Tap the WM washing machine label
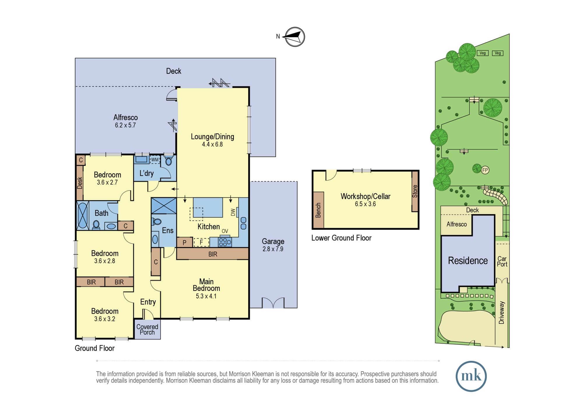pyautogui.click(x=155, y=160)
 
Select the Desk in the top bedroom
pyautogui.click(x=80, y=183)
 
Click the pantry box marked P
pyautogui.click(x=185, y=242)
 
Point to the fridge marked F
pyautogui.click(x=201, y=242)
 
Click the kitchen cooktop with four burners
pyautogui.click(x=225, y=242)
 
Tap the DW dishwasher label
pyautogui.click(x=233, y=212)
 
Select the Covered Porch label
pyautogui.click(x=147, y=330)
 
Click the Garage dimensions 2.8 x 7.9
pyautogui.click(x=273, y=249)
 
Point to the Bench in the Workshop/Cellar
pyautogui.click(x=318, y=210)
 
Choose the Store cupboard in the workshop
pyautogui.click(x=415, y=191)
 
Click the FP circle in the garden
pyautogui.click(x=485, y=170)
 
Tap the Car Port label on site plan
pyautogui.click(x=502, y=261)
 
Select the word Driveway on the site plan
pyautogui.click(x=501, y=313)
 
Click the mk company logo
pyautogui.click(x=471, y=376)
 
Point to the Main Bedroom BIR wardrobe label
pyautogui.click(x=213, y=254)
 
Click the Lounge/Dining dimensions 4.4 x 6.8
pyautogui.click(x=213, y=144)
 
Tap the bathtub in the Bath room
pyautogui.click(x=83, y=216)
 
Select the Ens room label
pyautogui.click(x=168, y=230)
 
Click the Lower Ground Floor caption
pyautogui.click(x=341, y=238)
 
